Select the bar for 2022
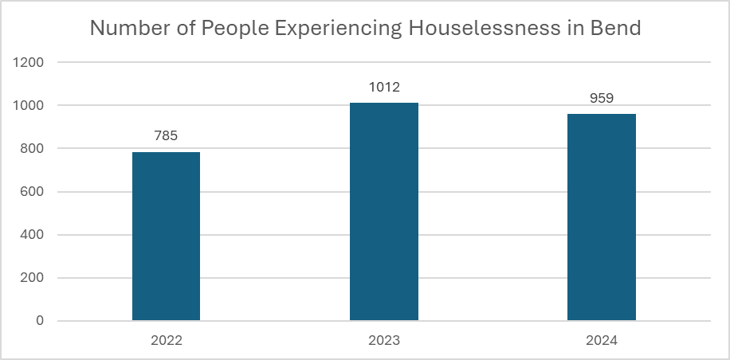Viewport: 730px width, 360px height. (x=166, y=237)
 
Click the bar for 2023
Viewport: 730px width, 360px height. (x=383, y=212)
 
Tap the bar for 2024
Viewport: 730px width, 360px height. (x=601, y=217)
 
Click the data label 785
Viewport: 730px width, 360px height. (x=166, y=135)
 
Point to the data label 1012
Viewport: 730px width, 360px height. (x=383, y=87)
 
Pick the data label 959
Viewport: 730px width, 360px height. (x=601, y=98)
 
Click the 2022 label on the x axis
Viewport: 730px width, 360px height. (x=166, y=340)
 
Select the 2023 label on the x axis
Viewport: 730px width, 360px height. (x=383, y=340)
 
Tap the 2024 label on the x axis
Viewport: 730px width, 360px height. (x=601, y=340)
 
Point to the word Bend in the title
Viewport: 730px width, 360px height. (x=618, y=28)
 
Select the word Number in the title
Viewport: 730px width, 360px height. (x=125, y=28)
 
